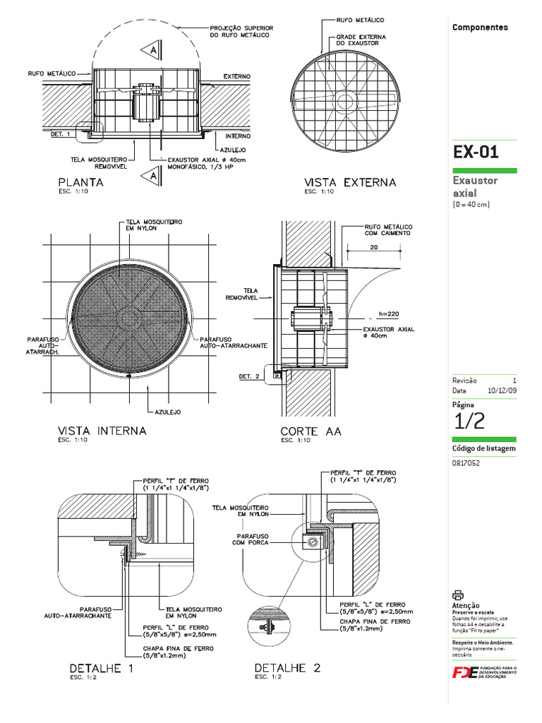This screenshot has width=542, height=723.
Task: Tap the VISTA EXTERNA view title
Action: tap(349, 182)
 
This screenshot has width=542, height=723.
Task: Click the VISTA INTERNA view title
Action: tap(102, 431)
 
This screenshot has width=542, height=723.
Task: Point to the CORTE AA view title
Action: tap(311, 431)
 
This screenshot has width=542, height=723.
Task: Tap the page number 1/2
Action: tap(469, 421)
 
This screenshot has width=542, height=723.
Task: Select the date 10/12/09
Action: tap(502, 390)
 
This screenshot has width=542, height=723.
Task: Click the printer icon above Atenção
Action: tap(457, 594)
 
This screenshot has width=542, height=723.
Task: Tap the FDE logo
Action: tap(465, 672)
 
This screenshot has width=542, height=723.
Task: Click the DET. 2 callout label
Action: tap(248, 376)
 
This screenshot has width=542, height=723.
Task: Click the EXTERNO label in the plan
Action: tap(237, 76)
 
